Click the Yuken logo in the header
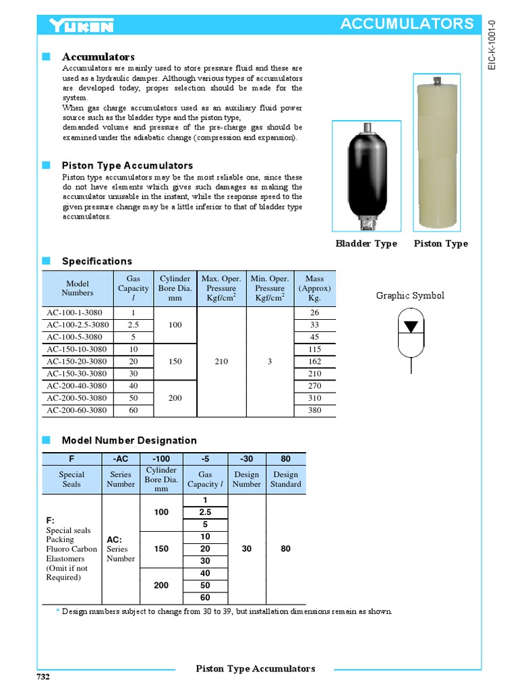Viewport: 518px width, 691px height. tap(81, 26)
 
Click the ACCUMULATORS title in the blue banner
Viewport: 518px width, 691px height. tap(407, 24)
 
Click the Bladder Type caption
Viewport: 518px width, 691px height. tap(366, 244)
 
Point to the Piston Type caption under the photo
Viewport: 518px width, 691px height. tap(440, 244)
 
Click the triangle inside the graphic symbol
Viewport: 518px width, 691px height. tap(410, 327)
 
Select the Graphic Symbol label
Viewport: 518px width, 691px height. tap(410, 296)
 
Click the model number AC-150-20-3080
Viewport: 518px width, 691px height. tap(77, 361)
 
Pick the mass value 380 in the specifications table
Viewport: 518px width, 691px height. tap(314, 410)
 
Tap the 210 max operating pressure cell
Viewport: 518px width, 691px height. tap(222, 361)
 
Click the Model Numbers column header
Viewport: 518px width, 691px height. tap(78, 288)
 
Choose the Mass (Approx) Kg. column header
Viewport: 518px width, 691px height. tap(314, 288)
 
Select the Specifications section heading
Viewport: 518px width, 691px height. tap(97, 261)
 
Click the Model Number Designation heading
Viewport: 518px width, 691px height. tap(129, 440)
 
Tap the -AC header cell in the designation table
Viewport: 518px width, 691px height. tap(120, 459)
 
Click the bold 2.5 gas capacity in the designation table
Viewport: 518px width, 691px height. tap(205, 512)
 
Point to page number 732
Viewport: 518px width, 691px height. tap(43, 677)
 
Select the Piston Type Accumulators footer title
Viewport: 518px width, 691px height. tap(255, 669)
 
